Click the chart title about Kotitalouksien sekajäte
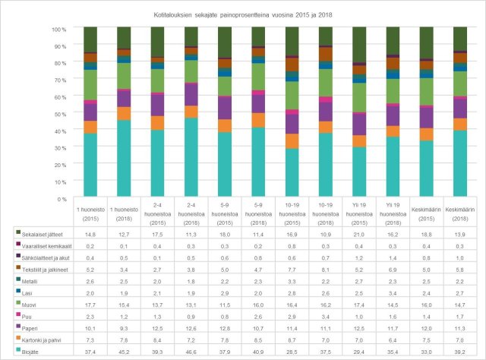coord(242,13)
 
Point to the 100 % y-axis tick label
coord(60,29)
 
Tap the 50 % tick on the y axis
coord(62,114)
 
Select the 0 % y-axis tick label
coord(64,199)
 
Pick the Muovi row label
coord(29,304)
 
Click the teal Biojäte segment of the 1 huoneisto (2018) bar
coord(125,159)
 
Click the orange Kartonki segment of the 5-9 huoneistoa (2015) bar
coord(225,125)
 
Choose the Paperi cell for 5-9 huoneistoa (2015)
coord(225,328)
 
